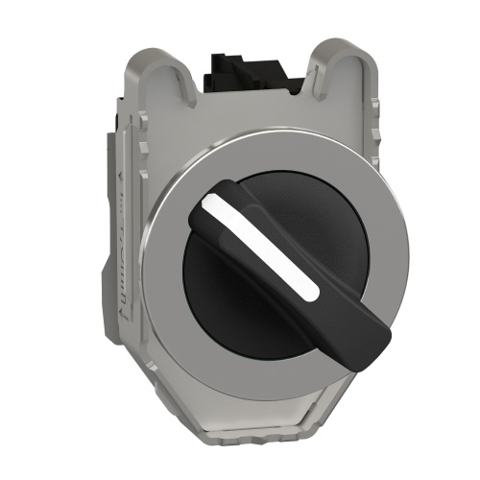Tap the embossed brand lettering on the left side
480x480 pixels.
point(122,278)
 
